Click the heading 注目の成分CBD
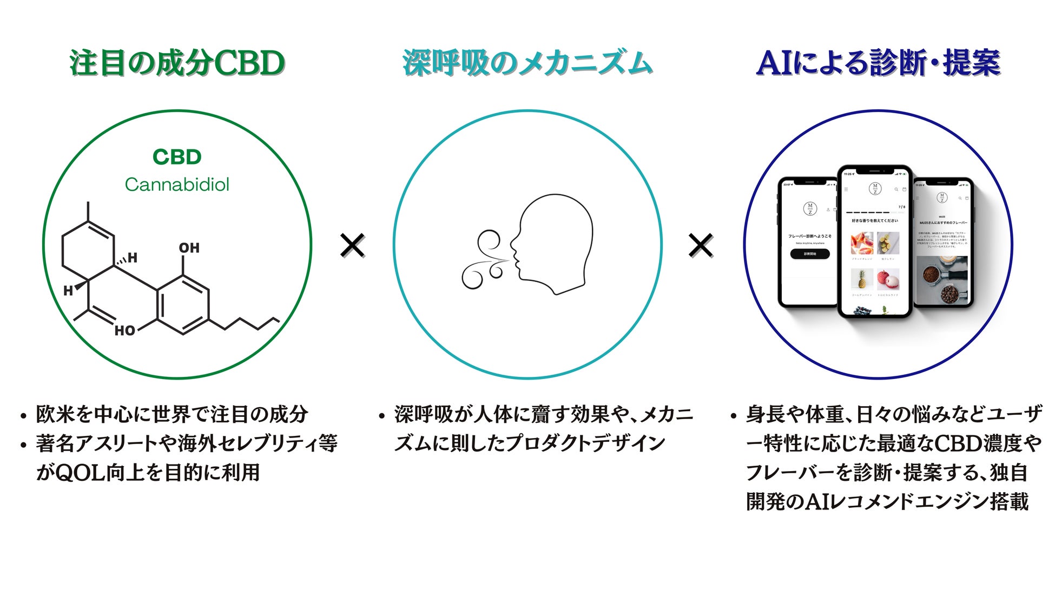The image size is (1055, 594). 177,63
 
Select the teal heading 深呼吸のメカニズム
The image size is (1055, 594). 527,63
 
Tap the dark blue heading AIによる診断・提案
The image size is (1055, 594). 878,63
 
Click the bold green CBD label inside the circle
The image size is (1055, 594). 177,157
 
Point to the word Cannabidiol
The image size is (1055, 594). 177,185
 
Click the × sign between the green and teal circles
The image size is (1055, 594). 353,245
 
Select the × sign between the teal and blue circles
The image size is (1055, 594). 701,245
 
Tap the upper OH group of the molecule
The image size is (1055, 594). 189,248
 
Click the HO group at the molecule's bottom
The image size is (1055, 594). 125,330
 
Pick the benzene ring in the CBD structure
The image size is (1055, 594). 183,304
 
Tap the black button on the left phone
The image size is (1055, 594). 810,253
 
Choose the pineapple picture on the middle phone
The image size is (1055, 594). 861,279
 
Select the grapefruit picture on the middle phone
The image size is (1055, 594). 861,243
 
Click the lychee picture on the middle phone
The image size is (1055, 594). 888,279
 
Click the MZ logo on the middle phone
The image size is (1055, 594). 875,189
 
